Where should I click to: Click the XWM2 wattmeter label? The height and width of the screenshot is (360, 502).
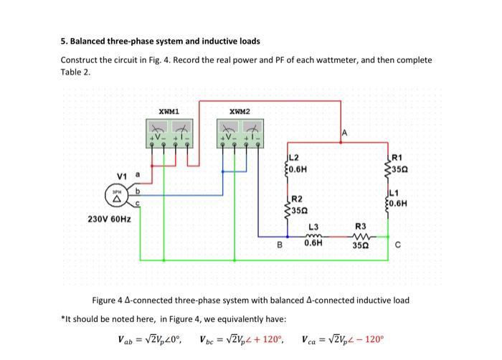click(240, 112)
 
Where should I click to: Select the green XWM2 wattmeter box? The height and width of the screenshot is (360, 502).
click(240, 133)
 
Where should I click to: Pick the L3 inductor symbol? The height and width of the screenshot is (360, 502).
click(313, 235)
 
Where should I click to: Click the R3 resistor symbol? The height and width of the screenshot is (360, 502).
click(361, 235)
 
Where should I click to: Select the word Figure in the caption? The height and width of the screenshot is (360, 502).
click(106, 300)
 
